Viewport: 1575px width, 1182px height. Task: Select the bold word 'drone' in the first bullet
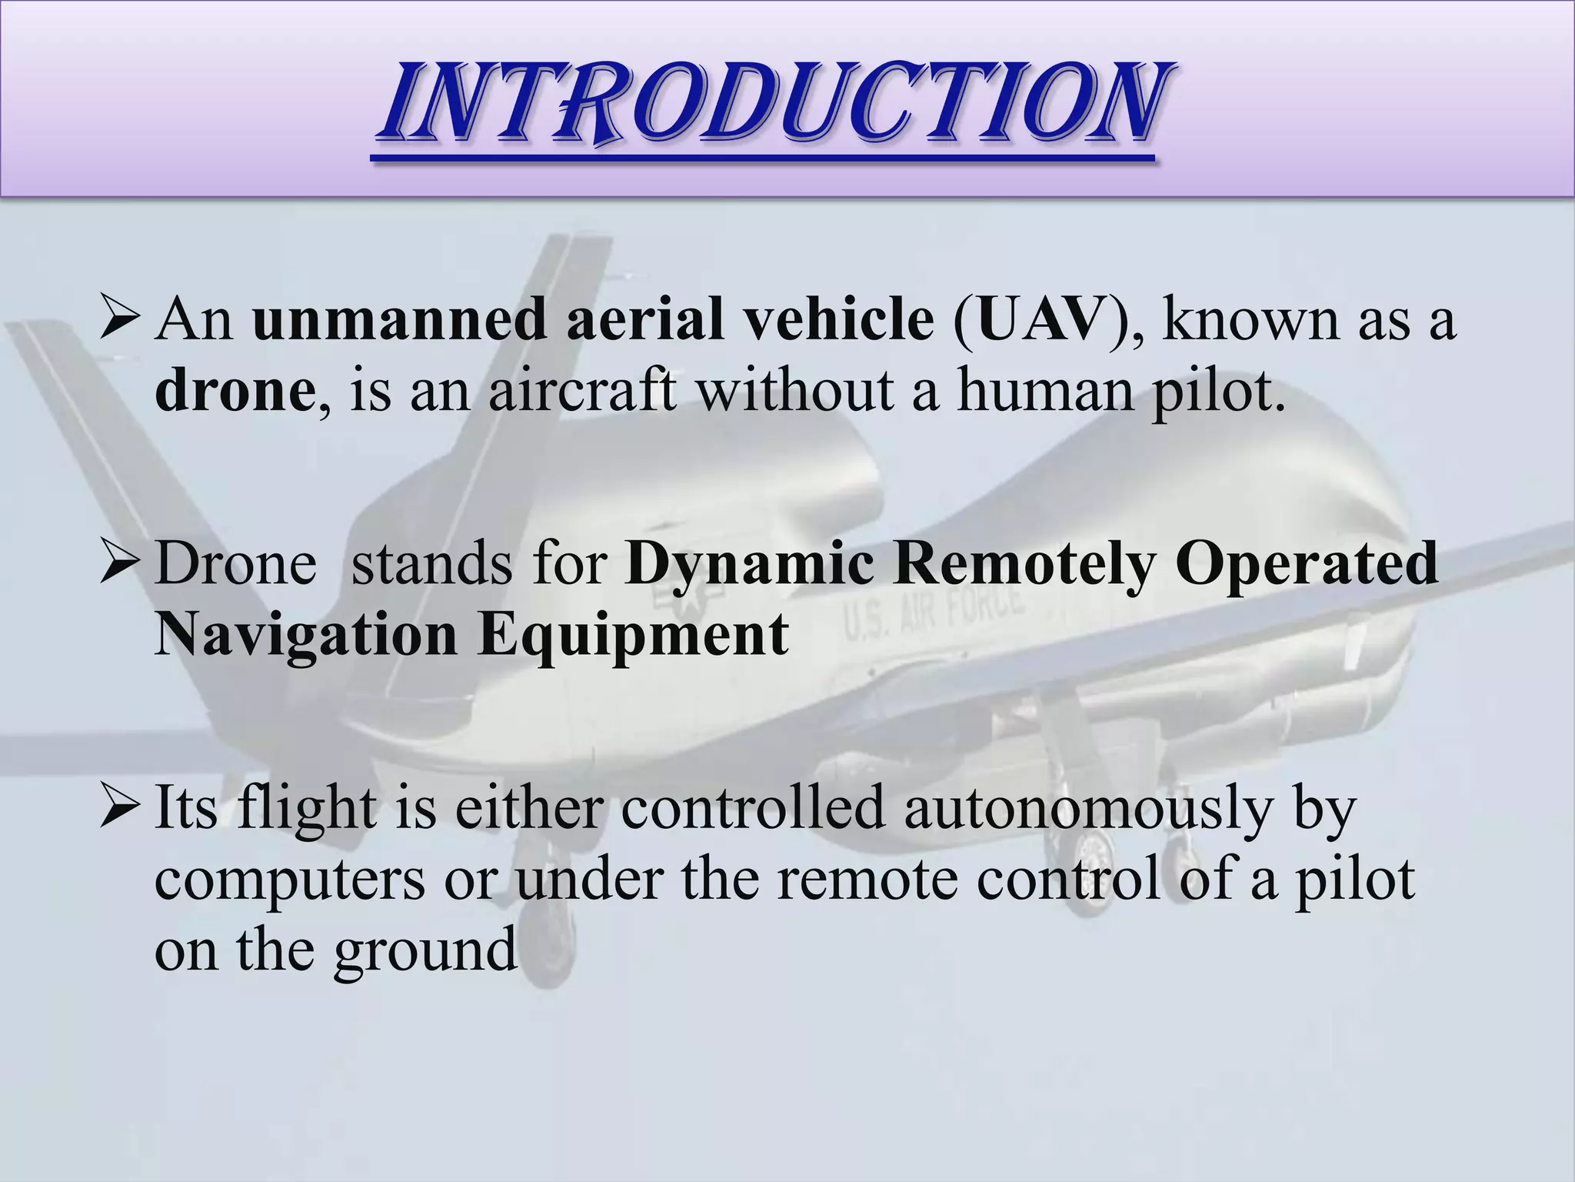[x=234, y=391]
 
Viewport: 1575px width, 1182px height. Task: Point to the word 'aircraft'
[x=583, y=391]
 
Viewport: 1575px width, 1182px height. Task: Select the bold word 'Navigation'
[x=305, y=636]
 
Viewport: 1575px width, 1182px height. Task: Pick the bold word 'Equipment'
[x=633, y=636]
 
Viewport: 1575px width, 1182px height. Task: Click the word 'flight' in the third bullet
[x=306, y=810]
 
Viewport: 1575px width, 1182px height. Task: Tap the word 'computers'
[x=289, y=880]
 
